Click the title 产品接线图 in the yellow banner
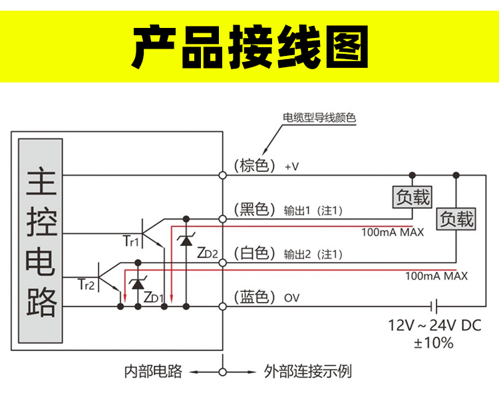(x=249, y=47)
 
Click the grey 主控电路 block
(x=41, y=241)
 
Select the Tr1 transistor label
(x=131, y=241)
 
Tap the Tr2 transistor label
(x=86, y=285)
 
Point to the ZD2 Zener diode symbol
(x=186, y=241)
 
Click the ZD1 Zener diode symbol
(x=138, y=283)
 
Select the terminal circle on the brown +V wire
(x=223, y=176)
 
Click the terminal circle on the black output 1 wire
(x=223, y=219)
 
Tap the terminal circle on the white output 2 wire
(x=223, y=263)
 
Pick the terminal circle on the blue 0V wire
(x=223, y=307)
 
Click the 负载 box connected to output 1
(x=413, y=198)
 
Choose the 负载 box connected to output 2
(x=456, y=219)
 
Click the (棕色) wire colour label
(x=255, y=166)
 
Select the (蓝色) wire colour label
(x=255, y=297)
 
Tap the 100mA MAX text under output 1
(x=393, y=232)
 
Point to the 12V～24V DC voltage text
(x=434, y=325)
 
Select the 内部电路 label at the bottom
(x=153, y=372)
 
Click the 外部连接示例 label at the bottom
(x=308, y=372)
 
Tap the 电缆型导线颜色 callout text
(x=319, y=118)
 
